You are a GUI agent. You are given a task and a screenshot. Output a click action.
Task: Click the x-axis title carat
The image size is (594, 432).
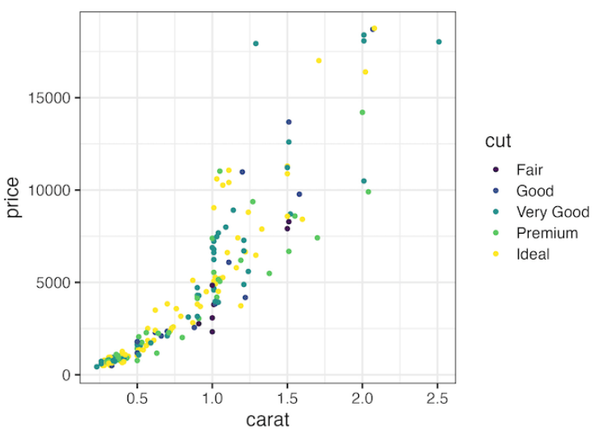click(x=267, y=420)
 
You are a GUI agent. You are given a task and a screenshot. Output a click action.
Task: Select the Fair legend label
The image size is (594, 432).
click(x=530, y=170)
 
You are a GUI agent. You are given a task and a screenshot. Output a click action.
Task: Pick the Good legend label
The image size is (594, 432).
click(x=535, y=191)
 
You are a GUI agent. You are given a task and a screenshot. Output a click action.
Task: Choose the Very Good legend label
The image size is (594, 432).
click(x=553, y=212)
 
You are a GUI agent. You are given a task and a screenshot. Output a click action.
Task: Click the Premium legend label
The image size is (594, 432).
click(x=547, y=233)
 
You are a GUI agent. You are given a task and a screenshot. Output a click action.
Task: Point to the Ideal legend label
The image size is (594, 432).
click(x=533, y=254)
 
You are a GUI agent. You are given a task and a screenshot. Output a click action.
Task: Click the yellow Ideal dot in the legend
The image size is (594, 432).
click(x=496, y=254)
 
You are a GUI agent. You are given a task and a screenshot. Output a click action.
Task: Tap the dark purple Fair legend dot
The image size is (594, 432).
click(x=496, y=170)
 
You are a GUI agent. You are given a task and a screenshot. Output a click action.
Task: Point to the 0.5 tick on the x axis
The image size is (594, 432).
click(x=137, y=397)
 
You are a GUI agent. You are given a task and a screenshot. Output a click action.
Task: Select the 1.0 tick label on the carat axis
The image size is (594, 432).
click(x=212, y=397)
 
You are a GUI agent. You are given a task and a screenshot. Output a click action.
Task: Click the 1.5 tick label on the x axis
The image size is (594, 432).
click(x=288, y=397)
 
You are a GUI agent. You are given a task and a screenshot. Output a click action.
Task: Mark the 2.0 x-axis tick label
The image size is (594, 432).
click(x=363, y=397)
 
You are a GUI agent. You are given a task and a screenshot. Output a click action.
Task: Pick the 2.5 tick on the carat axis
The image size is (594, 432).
click(x=438, y=397)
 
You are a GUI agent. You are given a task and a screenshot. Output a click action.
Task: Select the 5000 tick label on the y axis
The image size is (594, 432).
click(x=54, y=283)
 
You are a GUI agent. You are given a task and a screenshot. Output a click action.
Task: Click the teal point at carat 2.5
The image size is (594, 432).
click(x=439, y=42)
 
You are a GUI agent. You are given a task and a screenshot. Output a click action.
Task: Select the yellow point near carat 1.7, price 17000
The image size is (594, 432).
click(x=319, y=60)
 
